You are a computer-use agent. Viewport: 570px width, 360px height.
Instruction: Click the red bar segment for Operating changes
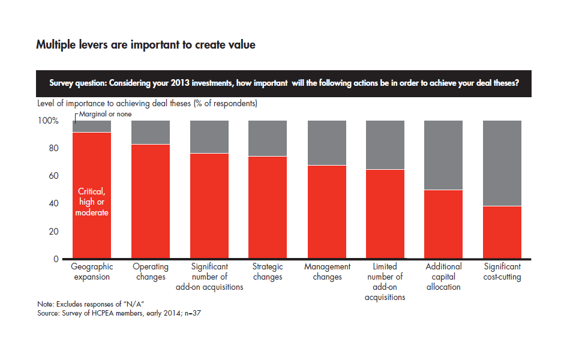point(151,201)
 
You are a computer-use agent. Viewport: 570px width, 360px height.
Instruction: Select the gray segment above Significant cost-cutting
point(502,163)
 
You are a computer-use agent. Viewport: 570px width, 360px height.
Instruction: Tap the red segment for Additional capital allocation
point(443,224)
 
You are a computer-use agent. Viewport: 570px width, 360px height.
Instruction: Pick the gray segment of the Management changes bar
point(327,143)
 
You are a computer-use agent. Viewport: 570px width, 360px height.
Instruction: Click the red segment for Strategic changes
point(268,207)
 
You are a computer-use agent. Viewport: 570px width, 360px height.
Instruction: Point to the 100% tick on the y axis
point(49,121)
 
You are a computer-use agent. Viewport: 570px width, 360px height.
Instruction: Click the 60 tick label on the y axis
point(53,176)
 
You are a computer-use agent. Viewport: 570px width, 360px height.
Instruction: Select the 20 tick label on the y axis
point(53,232)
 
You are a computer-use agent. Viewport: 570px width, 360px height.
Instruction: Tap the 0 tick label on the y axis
point(56,259)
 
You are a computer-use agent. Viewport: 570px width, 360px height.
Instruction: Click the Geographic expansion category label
point(91,272)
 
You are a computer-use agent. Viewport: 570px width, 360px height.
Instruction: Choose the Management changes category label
point(327,272)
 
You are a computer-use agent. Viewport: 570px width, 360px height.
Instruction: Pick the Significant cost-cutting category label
point(502,272)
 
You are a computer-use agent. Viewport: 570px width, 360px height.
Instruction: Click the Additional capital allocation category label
point(443,277)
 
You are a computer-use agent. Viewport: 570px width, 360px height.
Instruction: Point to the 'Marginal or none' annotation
point(103,114)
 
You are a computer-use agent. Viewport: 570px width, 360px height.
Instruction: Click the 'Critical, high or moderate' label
point(92,202)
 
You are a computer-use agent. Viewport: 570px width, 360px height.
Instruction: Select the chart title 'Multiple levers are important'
point(146,45)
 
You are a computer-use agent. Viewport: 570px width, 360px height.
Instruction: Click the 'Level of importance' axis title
point(147,103)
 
